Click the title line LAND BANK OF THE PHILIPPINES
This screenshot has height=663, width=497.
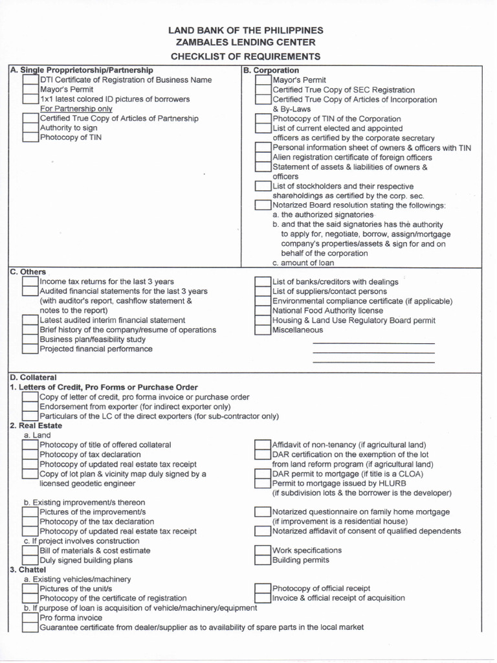pyautogui.click(x=246, y=30)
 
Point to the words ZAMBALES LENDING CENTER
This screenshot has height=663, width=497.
pyautogui.click(x=246, y=43)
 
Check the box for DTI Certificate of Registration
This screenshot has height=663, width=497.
pyautogui.click(x=30, y=80)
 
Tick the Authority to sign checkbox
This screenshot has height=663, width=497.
pyautogui.click(x=30, y=128)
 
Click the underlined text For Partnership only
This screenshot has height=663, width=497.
pyautogui.click(x=76, y=109)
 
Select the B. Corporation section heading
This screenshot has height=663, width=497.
pyautogui.click(x=271, y=70)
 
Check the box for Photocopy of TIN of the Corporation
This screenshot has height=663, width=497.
pyautogui.click(x=263, y=119)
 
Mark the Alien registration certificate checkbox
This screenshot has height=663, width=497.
pyautogui.click(x=263, y=157)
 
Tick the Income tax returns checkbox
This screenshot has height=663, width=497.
pyautogui.click(x=30, y=282)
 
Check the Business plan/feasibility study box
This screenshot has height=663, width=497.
pyautogui.click(x=30, y=339)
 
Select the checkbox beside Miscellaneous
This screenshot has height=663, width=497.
pyautogui.click(x=263, y=330)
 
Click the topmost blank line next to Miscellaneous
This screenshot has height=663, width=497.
pyautogui.click(x=373, y=343)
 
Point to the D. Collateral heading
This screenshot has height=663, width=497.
pyautogui.click(x=33, y=377)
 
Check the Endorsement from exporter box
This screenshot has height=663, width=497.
pyautogui.click(x=30, y=407)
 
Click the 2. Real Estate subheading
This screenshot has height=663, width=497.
pyautogui.click(x=36, y=425)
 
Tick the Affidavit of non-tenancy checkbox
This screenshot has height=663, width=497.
pyautogui.click(x=263, y=445)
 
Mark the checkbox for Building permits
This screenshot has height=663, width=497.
pyautogui.click(x=263, y=560)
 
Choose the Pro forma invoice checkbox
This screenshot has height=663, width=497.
pyautogui.click(x=30, y=618)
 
